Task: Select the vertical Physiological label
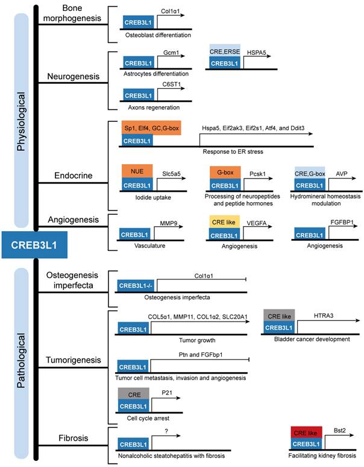click(x=21, y=121)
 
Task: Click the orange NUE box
click(x=136, y=171)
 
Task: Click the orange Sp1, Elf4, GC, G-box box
click(x=151, y=129)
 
